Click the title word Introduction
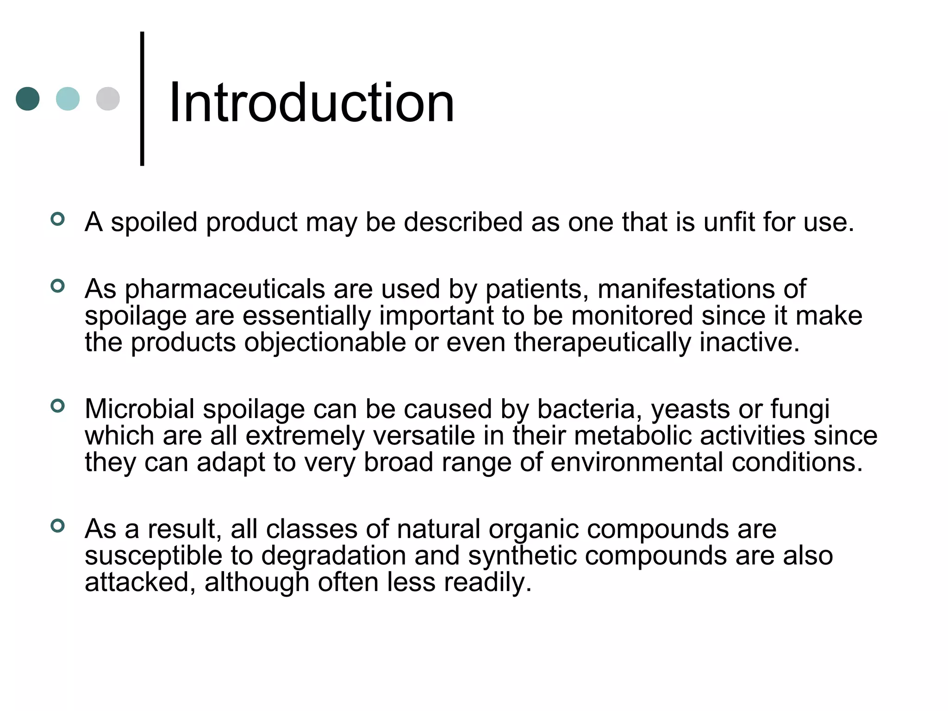(312, 103)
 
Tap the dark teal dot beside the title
(28, 99)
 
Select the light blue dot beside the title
(68, 99)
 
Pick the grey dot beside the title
(108, 99)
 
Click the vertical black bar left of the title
(142, 98)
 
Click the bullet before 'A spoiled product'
(57, 219)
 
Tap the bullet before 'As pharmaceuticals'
(57, 286)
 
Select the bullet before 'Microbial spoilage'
(57, 406)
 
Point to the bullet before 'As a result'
(57, 526)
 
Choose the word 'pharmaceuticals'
(225, 290)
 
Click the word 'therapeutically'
(602, 343)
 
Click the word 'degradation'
(333, 556)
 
